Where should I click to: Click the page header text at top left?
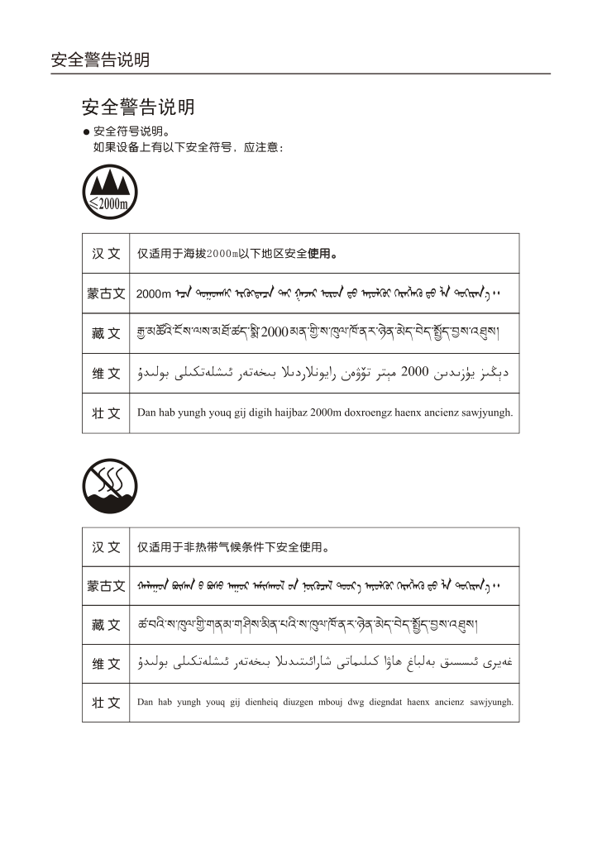click(x=100, y=60)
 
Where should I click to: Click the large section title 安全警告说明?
click(x=138, y=107)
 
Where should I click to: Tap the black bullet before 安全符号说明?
click(x=85, y=132)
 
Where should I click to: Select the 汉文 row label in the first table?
click(x=106, y=253)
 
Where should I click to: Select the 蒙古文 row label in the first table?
click(x=106, y=293)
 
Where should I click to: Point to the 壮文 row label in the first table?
click(x=106, y=412)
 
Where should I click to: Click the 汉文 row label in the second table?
click(x=106, y=546)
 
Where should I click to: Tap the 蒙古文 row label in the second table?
click(x=106, y=586)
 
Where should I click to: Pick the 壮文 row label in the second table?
click(x=106, y=703)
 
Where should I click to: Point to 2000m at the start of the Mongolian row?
click(x=153, y=293)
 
